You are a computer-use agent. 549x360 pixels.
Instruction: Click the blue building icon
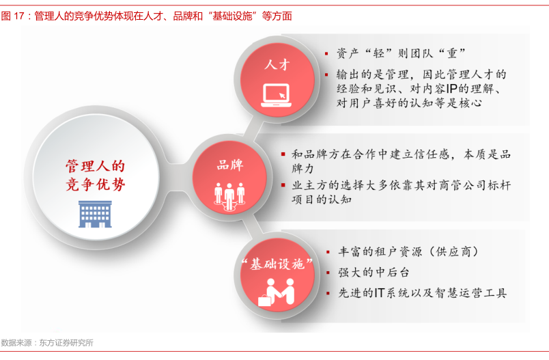click(95, 214)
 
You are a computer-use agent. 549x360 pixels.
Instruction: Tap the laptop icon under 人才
click(277, 95)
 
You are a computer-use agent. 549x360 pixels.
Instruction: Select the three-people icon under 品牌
click(229, 197)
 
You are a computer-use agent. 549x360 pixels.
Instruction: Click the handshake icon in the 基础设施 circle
click(277, 292)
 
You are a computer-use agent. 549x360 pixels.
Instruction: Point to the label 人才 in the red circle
click(277, 65)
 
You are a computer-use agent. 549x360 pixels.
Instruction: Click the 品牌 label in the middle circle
click(230, 165)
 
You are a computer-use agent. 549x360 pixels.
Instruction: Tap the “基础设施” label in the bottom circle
click(277, 264)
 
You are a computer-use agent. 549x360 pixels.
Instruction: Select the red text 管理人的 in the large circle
click(95, 166)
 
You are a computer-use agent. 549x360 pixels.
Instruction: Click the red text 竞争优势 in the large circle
click(95, 184)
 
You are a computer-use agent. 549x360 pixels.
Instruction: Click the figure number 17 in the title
click(19, 16)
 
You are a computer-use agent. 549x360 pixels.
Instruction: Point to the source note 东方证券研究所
click(66, 343)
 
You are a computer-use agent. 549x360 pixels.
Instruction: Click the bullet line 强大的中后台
click(374, 273)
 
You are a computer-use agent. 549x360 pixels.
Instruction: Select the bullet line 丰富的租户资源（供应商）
click(408, 252)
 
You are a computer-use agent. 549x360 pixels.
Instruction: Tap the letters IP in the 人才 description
click(451, 89)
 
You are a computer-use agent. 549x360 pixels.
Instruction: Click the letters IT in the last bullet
click(380, 293)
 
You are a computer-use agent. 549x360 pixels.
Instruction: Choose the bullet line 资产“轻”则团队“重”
click(401, 53)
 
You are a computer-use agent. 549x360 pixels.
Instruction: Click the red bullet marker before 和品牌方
click(283, 154)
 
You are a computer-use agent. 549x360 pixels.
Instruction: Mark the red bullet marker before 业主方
click(283, 185)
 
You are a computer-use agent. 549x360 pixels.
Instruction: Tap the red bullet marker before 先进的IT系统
click(328, 293)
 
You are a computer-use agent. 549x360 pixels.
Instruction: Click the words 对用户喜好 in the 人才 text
click(367, 103)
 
